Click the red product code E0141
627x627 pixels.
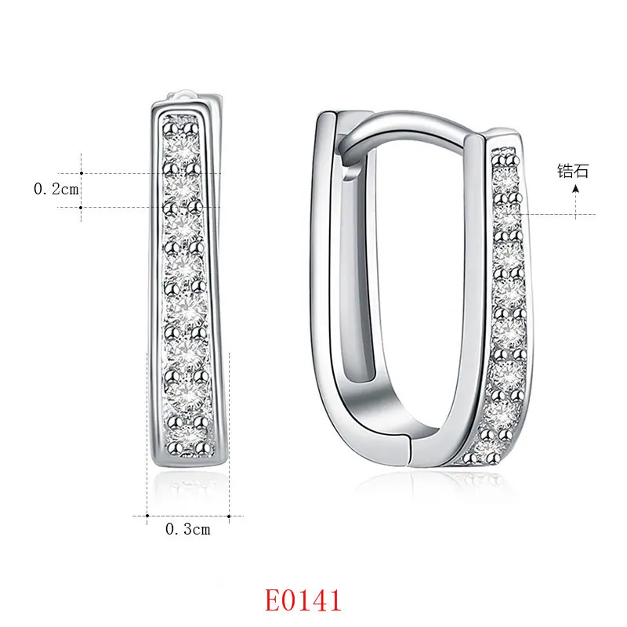(303, 600)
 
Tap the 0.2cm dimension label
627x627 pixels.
(56, 189)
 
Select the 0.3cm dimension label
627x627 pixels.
(187, 529)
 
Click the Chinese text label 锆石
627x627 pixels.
(573, 171)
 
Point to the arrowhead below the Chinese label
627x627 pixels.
(575, 188)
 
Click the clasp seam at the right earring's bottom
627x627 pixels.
(409, 450)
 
